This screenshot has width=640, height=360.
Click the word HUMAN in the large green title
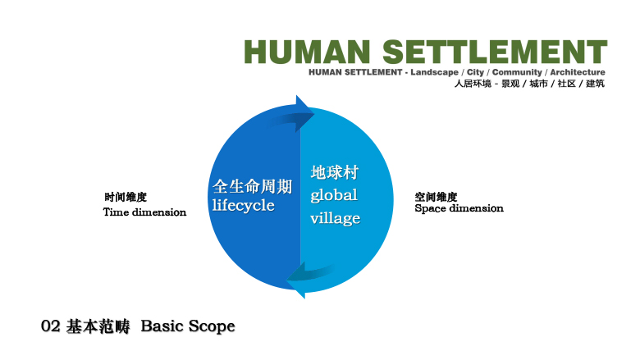307,52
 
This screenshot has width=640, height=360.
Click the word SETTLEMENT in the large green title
495,52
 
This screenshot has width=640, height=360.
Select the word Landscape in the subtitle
434,72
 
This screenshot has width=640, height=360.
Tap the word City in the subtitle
475,72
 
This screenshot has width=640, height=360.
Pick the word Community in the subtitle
517,72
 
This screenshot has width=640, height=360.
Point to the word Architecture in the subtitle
578,72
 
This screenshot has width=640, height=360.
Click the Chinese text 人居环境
473,84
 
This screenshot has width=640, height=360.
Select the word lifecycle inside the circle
243,205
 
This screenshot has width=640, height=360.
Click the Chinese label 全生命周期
252,186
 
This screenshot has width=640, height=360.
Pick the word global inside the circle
334,195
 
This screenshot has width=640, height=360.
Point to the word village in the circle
335,218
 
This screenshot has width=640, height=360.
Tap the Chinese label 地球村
334,172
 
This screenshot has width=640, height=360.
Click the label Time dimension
144,212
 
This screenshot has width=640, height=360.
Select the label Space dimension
459,208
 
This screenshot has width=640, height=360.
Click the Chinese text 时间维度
126,198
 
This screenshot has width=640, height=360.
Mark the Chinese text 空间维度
436,198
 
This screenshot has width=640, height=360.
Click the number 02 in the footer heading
51,326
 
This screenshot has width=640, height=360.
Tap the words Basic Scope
188,326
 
